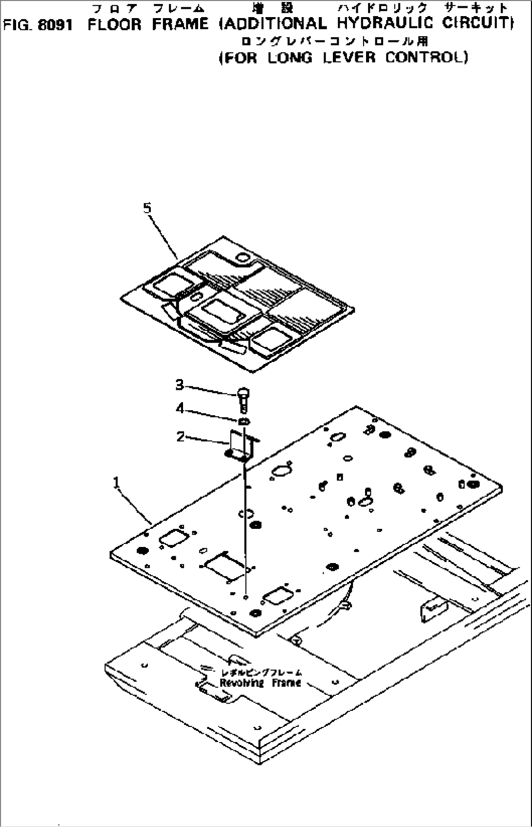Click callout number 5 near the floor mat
[147, 208]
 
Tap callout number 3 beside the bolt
[180, 385]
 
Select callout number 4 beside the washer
[180, 408]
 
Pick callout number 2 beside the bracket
[181, 437]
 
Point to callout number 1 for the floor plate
[116, 483]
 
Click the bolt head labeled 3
[243, 391]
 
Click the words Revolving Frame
[260, 683]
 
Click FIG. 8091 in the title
[38, 25]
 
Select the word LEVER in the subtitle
[349, 58]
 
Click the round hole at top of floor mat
[242, 257]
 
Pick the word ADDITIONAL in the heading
[273, 23]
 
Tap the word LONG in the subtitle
[290, 58]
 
